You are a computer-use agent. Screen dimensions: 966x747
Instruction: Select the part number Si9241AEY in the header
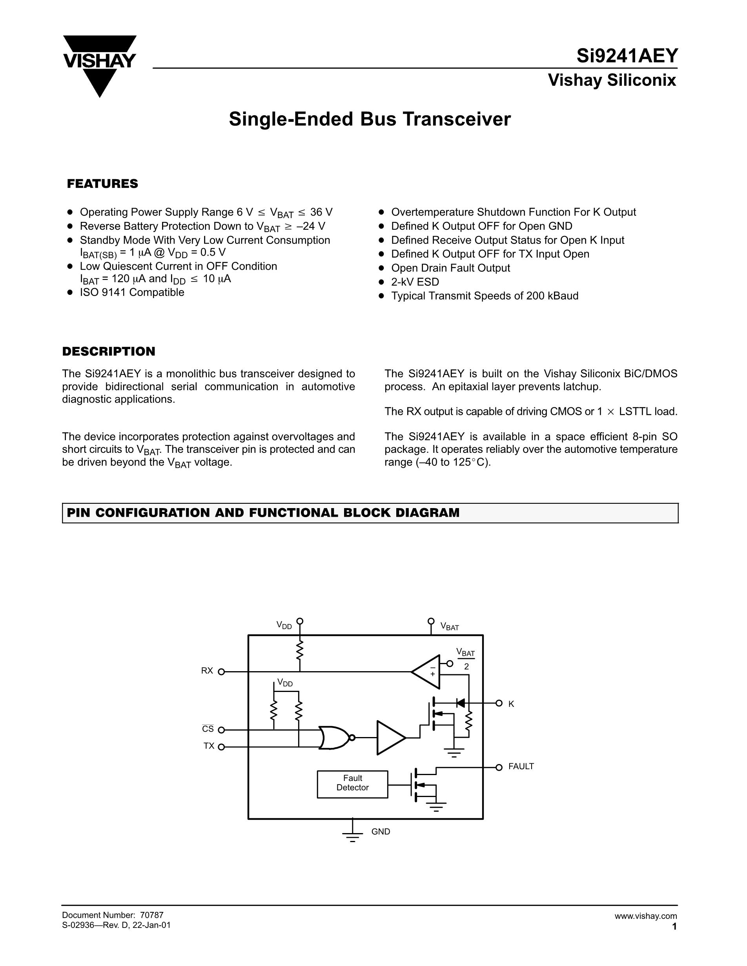627,56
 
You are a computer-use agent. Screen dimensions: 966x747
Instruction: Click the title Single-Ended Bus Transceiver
370,120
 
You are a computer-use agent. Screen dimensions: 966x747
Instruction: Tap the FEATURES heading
102,184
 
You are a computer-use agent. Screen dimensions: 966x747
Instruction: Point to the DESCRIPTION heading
108,352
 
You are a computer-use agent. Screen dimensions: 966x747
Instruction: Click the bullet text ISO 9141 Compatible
132,292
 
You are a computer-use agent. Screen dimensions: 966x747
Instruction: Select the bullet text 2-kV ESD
415,282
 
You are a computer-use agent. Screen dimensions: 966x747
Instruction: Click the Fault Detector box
352,784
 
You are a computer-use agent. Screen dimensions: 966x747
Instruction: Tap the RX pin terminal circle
221,672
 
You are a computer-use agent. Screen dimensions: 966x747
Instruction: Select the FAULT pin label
521,766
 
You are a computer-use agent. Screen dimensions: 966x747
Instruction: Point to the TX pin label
209,746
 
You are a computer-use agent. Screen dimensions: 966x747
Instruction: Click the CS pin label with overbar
208,729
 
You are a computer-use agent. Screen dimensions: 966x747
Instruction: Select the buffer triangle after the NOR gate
390,737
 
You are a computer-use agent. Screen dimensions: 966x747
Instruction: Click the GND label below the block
381,832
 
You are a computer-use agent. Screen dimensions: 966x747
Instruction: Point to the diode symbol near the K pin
460,703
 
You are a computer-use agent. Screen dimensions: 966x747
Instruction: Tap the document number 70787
151,915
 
